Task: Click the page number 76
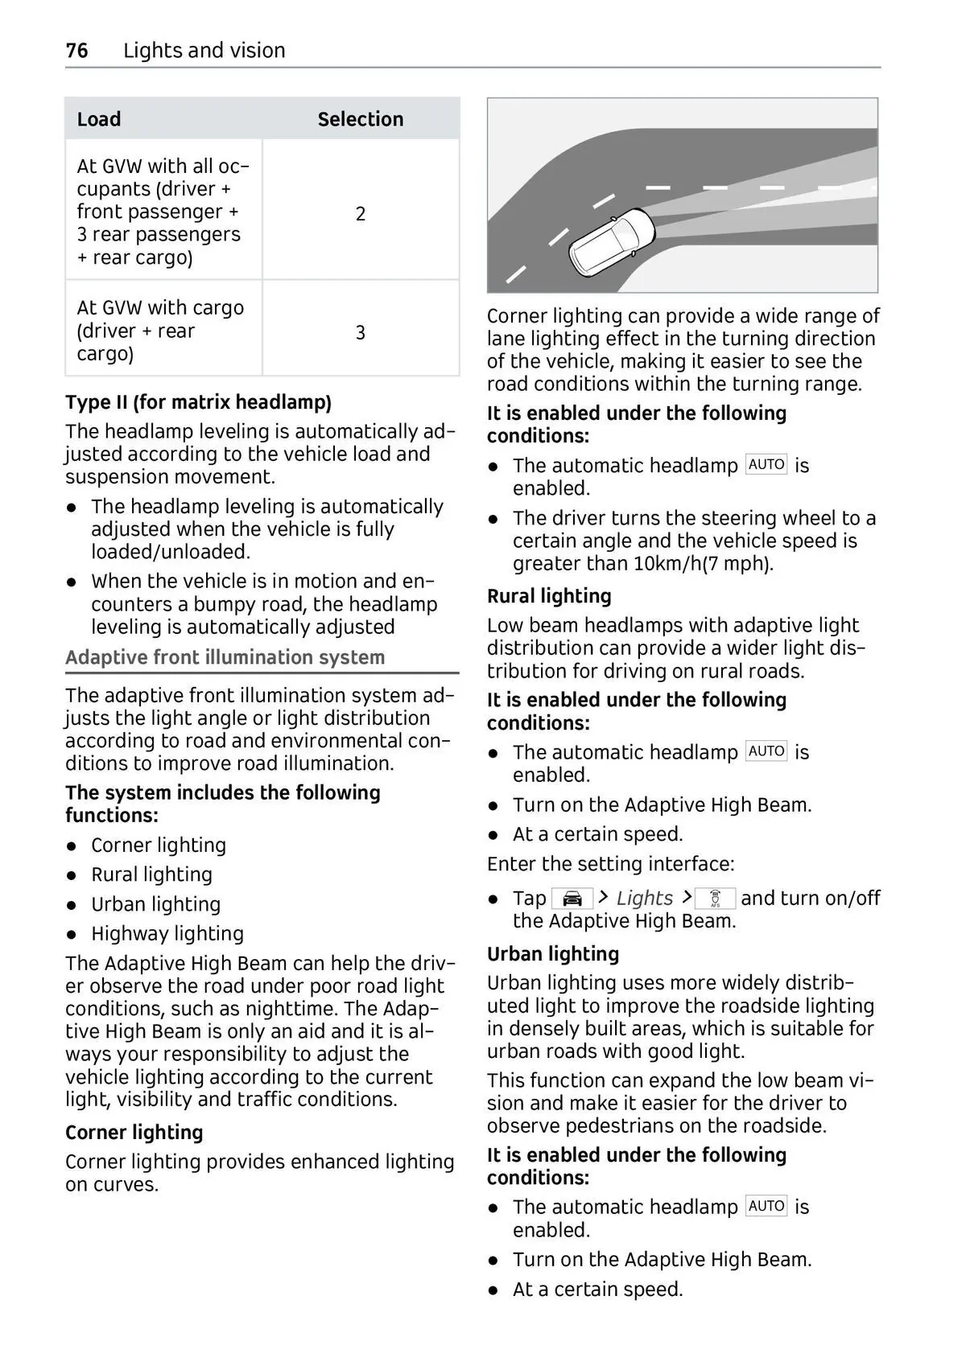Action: coord(76,51)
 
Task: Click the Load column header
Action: coord(99,119)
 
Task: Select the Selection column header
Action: coord(360,119)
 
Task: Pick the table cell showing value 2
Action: coord(361,213)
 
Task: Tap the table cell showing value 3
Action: coord(361,332)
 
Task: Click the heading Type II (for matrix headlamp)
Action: coord(198,402)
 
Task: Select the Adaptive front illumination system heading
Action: coord(225,657)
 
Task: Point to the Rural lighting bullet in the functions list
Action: coord(151,874)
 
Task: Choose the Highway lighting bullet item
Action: coord(167,933)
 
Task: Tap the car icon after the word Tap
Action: coord(572,899)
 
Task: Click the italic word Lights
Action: coord(644,899)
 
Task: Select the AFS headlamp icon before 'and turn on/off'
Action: coord(715,899)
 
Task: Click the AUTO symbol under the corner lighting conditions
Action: coord(766,465)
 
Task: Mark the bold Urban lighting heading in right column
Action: coord(553,954)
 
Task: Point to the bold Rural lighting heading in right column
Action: coord(549,596)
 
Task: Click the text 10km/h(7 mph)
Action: coord(703,564)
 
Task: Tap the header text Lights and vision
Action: coord(204,51)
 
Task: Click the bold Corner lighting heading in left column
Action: coord(134,1133)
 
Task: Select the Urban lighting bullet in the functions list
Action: coord(155,904)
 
